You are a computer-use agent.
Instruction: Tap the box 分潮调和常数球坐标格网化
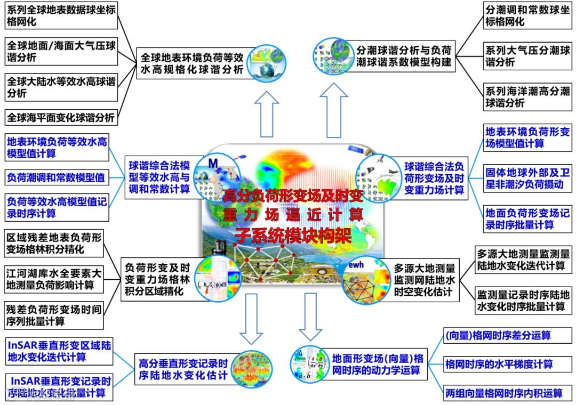tap(527, 17)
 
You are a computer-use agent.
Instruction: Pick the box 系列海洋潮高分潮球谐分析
tap(527, 97)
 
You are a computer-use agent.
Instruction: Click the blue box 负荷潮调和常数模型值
tap(56, 176)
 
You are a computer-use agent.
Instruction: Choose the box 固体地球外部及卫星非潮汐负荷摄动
tap(527, 179)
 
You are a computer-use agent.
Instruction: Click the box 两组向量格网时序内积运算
tap(503, 393)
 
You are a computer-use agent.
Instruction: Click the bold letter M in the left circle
tap(213, 162)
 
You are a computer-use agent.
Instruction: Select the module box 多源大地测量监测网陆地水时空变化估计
tap(425, 280)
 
